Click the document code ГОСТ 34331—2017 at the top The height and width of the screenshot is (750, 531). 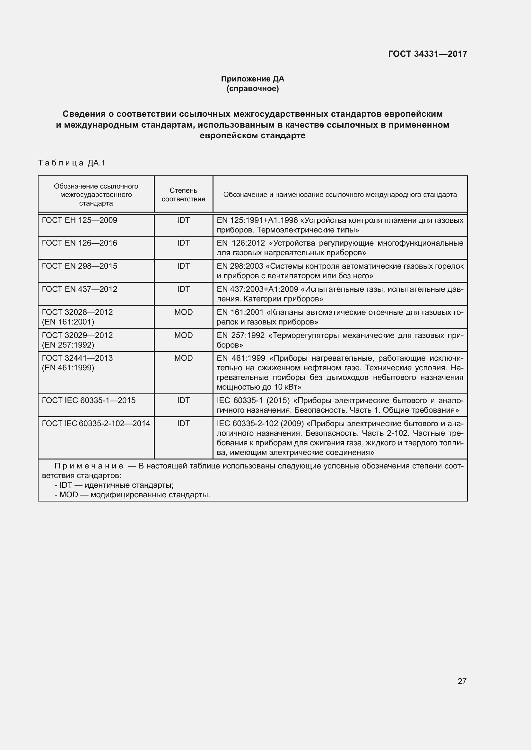427,54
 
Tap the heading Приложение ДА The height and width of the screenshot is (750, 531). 252,79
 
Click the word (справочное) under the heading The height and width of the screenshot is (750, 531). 252,88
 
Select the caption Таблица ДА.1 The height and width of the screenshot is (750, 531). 72,163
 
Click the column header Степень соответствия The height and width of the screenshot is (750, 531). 183,195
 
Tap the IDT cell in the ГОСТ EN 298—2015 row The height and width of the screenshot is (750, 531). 183,266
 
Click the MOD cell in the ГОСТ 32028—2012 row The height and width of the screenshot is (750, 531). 183,312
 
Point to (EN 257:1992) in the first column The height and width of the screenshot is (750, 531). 68,345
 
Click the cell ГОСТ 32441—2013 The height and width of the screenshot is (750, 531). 77,358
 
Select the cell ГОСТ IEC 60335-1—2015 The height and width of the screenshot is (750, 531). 89,400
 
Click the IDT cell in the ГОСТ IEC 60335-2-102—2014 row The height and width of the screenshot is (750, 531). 183,424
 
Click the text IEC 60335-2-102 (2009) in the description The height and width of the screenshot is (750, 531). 260,424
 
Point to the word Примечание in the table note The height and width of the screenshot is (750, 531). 89,466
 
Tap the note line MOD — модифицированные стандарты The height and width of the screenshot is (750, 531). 132,494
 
